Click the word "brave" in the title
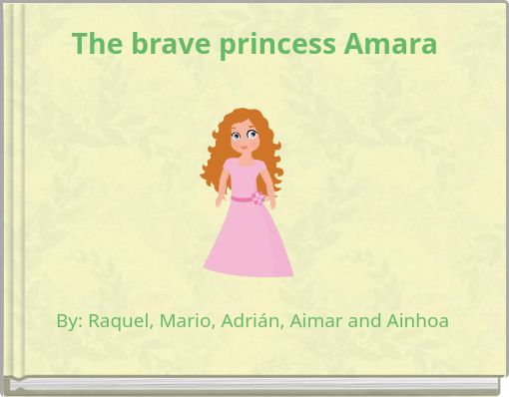click(x=163, y=45)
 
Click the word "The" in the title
click(x=96, y=45)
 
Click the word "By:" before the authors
click(x=69, y=321)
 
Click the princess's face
click(x=243, y=136)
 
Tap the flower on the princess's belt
click(x=258, y=198)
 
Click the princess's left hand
click(x=271, y=203)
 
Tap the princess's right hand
click(x=220, y=201)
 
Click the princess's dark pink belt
click(x=242, y=198)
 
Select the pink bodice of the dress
click(x=244, y=176)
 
